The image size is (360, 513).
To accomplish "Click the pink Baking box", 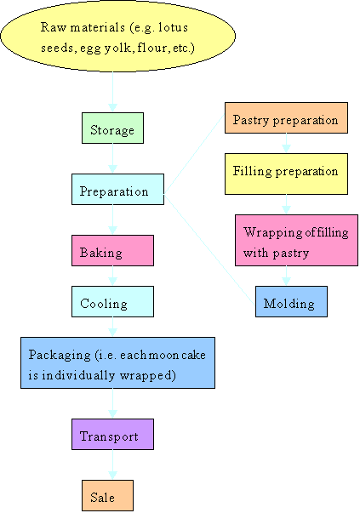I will click(x=112, y=251).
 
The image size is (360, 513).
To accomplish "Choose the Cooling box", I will click(x=112, y=301).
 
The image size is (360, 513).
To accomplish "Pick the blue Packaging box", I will click(x=117, y=362).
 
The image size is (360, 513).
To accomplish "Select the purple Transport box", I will click(x=112, y=435).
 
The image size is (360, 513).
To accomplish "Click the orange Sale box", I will click(x=108, y=496).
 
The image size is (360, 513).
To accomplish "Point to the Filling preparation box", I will click(x=286, y=170).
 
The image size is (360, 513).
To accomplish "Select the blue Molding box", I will click(x=291, y=302).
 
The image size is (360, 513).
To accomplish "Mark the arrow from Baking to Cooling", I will click(x=112, y=276).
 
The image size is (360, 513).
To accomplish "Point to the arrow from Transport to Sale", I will click(x=112, y=465).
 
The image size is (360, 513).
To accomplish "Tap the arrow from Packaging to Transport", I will click(x=112, y=403).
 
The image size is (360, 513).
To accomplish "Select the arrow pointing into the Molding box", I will click(x=286, y=277).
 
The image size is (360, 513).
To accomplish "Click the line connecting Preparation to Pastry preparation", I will click(x=193, y=157).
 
